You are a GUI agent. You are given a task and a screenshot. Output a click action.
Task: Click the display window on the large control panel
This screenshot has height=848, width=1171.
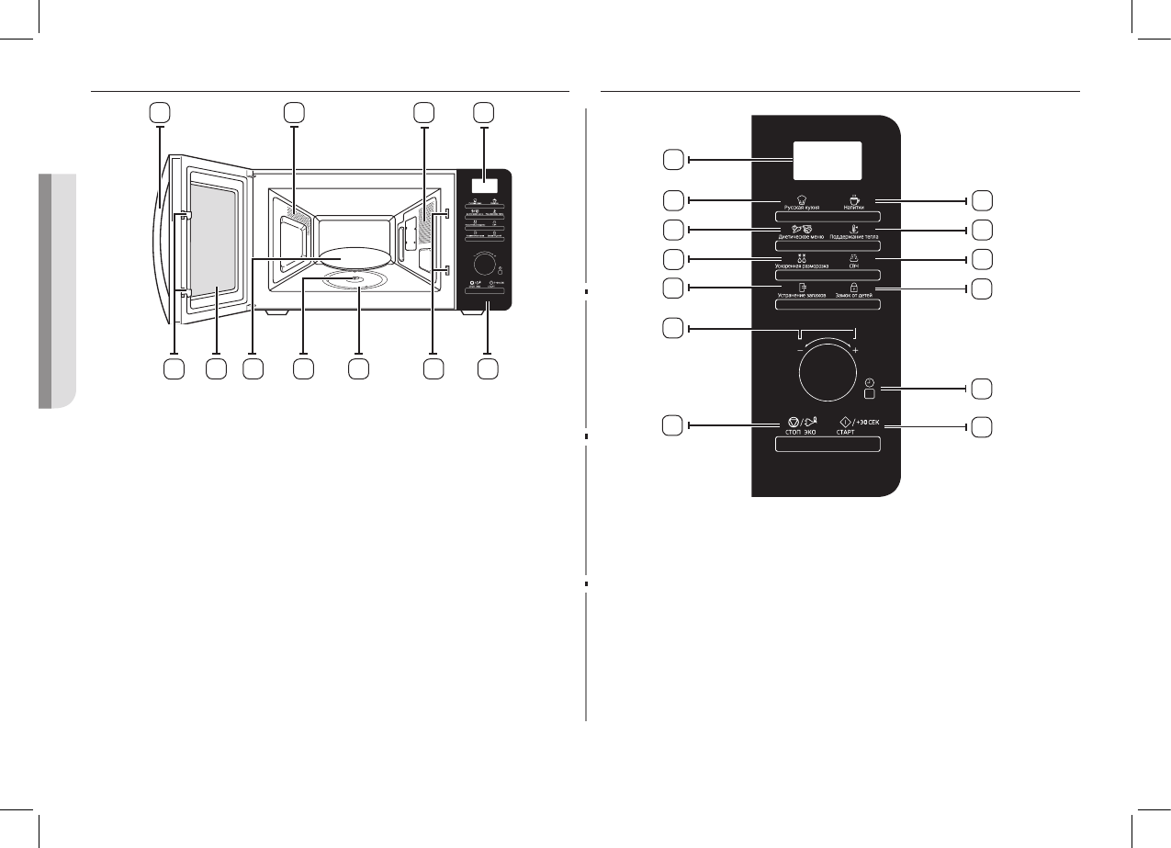(x=828, y=161)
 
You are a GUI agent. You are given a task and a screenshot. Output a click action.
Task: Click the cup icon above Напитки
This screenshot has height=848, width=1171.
(x=853, y=198)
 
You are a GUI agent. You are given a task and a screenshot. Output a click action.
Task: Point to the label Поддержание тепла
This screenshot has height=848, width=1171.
(x=854, y=236)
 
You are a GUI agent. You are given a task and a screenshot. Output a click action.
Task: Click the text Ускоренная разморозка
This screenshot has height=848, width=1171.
(x=795, y=266)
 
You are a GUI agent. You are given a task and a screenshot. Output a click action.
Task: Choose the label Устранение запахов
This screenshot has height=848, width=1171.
(x=795, y=296)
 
